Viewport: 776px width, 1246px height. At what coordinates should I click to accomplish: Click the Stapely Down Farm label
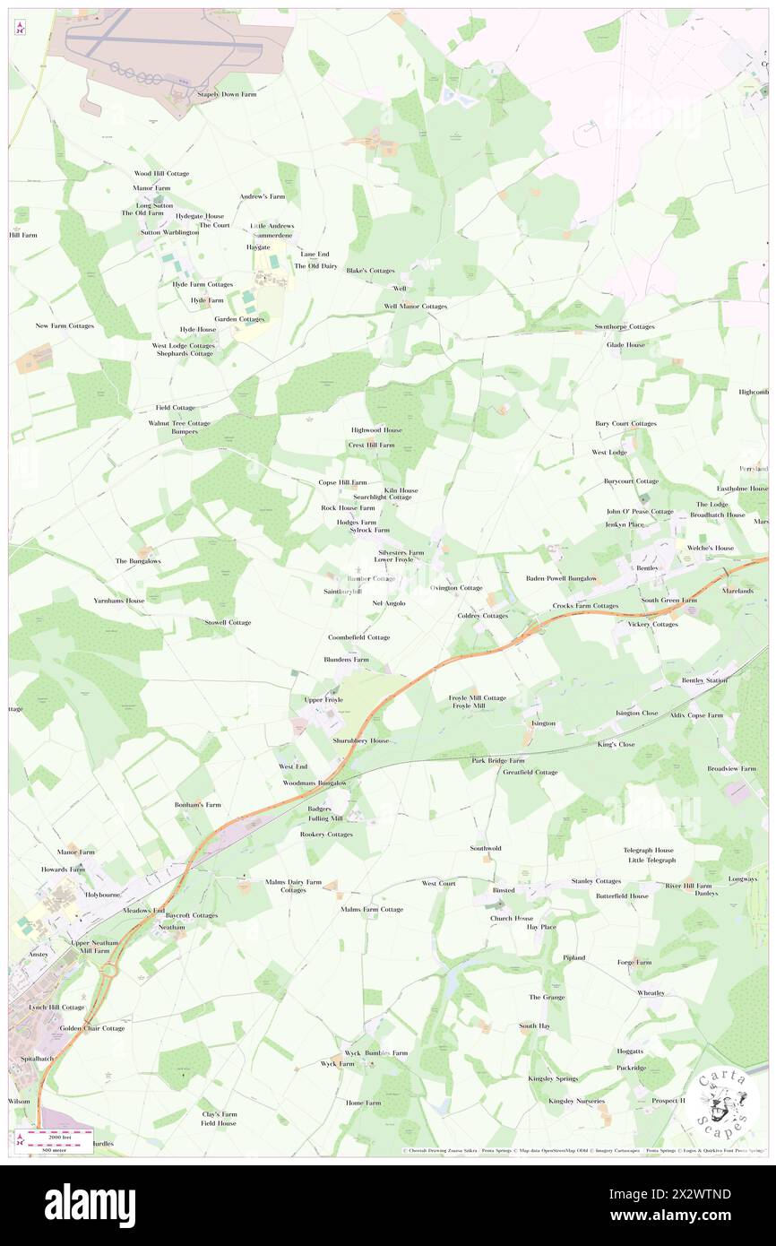tap(228, 93)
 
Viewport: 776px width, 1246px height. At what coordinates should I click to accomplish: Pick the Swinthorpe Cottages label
tap(625, 327)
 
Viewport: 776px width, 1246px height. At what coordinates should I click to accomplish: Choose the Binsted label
tap(504, 891)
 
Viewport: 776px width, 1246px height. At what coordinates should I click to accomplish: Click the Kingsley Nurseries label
tap(576, 1101)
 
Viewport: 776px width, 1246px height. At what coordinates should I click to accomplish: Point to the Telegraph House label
tap(649, 850)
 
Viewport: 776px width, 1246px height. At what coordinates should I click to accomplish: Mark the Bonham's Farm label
tap(197, 805)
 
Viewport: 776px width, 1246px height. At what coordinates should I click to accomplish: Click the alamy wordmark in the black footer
tap(90, 1205)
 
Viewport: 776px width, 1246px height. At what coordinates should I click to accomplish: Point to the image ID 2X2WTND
tap(694, 1193)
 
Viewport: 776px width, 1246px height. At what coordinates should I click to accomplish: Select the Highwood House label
tap(376, 430)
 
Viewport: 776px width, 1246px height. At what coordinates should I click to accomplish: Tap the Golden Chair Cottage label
tap(92, 1028)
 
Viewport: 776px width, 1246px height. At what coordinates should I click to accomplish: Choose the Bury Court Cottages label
tap(625, 423)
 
